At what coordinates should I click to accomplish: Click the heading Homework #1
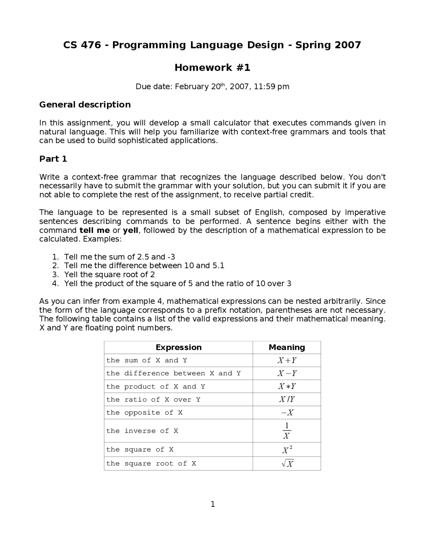tap(212, 68)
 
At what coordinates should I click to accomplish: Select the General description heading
tap(85, 105)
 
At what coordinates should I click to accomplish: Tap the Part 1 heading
tap(53, 159)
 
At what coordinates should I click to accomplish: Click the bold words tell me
tap(95, 230)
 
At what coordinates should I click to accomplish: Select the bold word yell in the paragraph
tap(130, 230)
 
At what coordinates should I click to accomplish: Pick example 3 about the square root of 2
tap(109, 274)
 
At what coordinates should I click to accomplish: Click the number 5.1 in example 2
tap(218, 266)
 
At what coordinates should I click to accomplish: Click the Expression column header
tap(179, 347)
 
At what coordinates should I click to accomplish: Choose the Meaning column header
tap(287, 347)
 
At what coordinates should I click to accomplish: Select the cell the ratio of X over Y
tap(153, 399)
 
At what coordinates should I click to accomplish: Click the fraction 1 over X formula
tap(287, 431)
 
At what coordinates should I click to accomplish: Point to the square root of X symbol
tap(287, 463)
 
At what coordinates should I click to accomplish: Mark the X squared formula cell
tap(287, 450)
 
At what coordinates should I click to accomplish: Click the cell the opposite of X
tap(144, 413)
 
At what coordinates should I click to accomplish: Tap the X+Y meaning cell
tap(287, 360)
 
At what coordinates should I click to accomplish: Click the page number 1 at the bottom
tap(212, 505)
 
